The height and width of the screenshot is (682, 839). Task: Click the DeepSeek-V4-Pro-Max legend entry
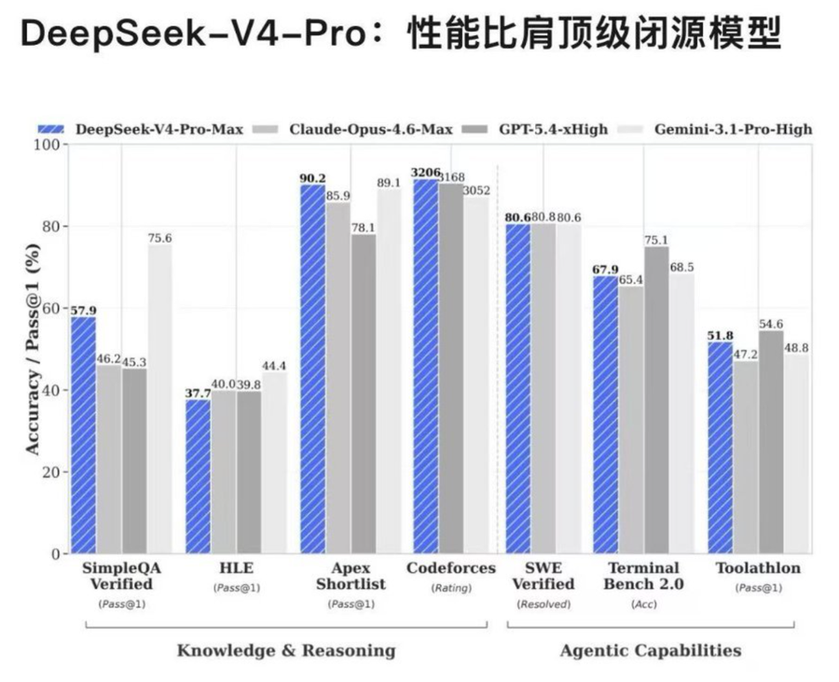tap(140, 129)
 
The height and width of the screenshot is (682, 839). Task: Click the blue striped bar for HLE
tap(198, 476)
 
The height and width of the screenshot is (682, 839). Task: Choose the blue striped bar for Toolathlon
tap(720, 447)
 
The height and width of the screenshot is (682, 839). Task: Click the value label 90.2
tap(312, 178)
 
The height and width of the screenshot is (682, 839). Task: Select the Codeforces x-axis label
tap(439, 568)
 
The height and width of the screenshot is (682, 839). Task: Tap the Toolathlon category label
tap(757, 568)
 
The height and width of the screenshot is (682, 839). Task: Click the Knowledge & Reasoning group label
tap(286, 650)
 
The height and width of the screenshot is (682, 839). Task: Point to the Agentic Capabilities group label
tap(651, 650)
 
